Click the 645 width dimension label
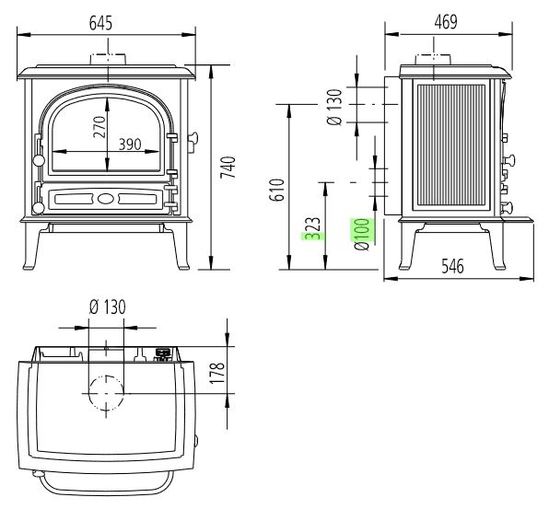(x=100, y=23)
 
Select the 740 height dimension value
(x=228, y=168)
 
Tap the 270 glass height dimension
(x=99, y=127)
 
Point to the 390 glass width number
(x=130, y=145)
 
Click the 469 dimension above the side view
(x=445, y=22)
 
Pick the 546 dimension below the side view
(x=452, y=266)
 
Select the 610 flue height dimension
(x=276, y=190)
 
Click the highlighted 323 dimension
(x=312, y=228)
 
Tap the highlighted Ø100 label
(x=362, y=234)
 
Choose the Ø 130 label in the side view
(x=334, y=107)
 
